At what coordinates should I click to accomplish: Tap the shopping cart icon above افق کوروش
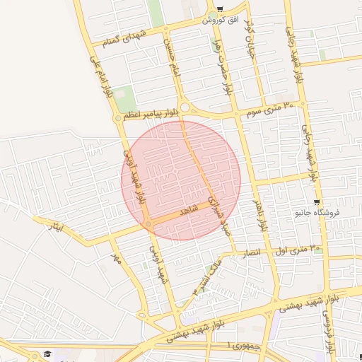point(220,9)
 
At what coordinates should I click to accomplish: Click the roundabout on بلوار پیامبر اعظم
point(185,108)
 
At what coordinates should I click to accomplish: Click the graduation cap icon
point(48,354)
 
